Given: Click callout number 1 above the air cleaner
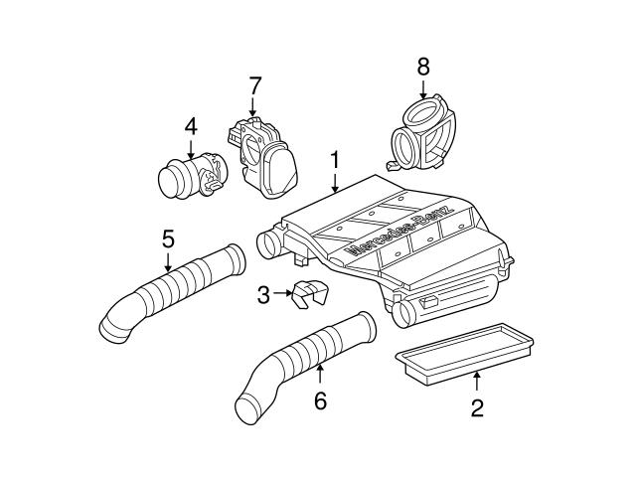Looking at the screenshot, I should coord(335,159).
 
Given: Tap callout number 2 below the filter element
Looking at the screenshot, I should coord(477,407).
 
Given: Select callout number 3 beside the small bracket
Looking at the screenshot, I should coord(262,294).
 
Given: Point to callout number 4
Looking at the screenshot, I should coord(191,126).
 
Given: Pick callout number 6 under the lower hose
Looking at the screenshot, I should coord(320,400).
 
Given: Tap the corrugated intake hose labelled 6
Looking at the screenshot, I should coord(303,358).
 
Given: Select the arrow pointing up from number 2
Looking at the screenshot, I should coord(477,381).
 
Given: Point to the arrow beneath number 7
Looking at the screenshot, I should coord(254,107).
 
